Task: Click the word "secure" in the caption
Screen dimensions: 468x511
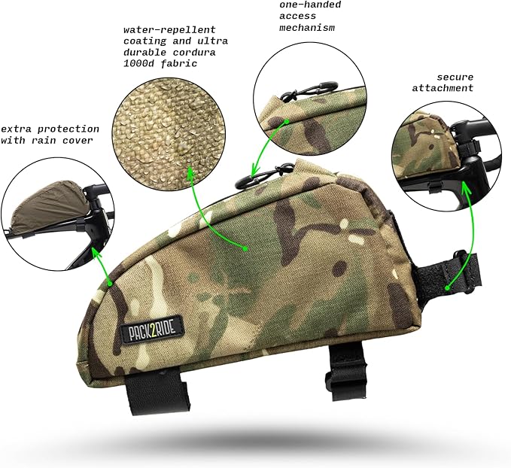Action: point(455,76)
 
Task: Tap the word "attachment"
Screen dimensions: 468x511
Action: point(443,88)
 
